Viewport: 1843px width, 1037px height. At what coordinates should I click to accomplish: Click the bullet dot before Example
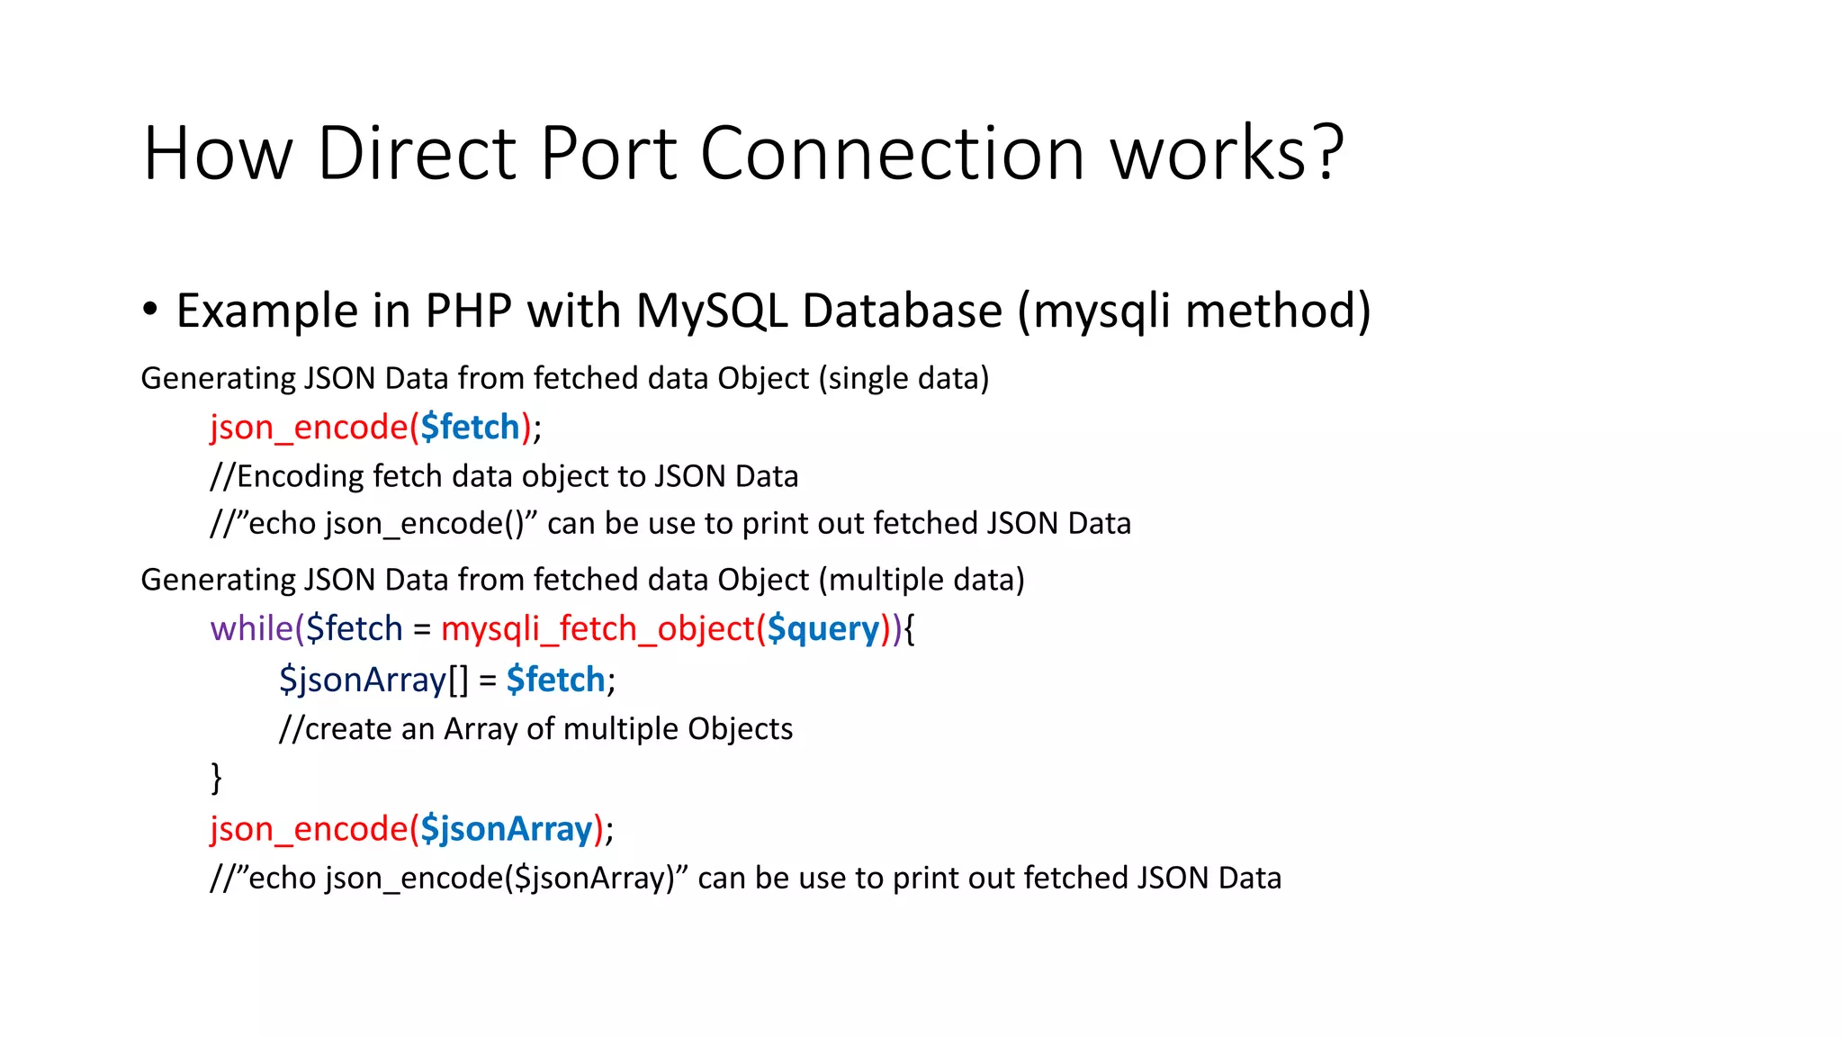point(150,310)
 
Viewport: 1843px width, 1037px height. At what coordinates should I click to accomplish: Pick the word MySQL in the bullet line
point(711,311)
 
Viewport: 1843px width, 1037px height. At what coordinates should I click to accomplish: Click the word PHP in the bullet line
point(468,311)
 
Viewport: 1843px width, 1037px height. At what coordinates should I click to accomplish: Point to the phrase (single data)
point(904,378)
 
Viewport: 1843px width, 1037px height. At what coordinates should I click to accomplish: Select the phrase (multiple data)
point(921,580)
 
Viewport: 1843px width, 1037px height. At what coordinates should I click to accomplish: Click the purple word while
point(252,628)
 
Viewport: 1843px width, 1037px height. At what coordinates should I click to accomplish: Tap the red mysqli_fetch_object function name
point(598,629)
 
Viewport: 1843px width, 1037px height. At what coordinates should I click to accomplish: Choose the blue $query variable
point(823,629)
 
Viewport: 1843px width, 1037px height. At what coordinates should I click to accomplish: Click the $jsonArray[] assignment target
point(373,680)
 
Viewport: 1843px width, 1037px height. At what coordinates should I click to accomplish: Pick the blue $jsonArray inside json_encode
point(507,829)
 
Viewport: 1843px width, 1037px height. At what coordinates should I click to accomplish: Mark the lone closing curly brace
point(216,777)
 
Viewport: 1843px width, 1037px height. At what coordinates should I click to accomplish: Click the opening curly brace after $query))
point(909,629)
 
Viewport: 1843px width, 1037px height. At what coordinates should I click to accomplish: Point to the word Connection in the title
point(892,153)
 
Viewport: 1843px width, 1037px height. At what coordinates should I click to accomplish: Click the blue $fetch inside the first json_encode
point(470,428)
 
